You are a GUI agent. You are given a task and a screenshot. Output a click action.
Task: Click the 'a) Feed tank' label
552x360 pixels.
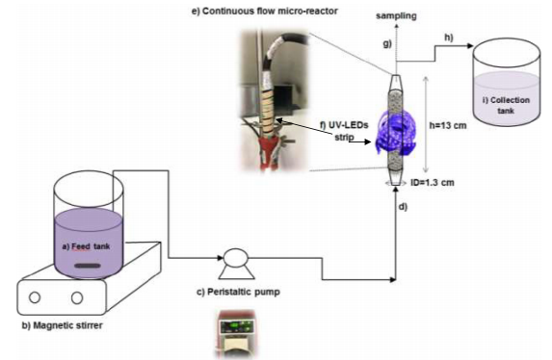(x=86, y=246)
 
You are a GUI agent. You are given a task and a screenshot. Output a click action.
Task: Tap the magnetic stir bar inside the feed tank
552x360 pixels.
(x=88, y=266)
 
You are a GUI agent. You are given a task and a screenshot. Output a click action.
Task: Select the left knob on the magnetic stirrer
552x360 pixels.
(x=35, y=297)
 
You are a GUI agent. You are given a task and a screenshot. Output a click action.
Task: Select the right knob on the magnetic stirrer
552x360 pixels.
(x=77, y=297)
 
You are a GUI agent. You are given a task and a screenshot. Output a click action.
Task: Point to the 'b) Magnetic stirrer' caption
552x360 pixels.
(x=63, y=325)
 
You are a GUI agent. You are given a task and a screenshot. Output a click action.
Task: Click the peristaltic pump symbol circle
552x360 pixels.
(x=236, y=258)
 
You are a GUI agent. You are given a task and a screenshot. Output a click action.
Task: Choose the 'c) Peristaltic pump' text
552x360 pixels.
(x=238, y=292)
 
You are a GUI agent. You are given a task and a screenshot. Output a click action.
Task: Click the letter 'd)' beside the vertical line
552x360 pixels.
(x=403, y=207)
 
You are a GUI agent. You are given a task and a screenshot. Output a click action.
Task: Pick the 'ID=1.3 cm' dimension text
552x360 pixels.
(x=433, y=182)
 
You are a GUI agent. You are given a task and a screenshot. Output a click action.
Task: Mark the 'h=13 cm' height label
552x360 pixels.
(x=448, y=125)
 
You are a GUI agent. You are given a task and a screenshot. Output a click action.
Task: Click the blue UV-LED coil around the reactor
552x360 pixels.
(x=396, y=132)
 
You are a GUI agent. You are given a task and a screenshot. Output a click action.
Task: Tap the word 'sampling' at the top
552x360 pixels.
(x=396, y=15)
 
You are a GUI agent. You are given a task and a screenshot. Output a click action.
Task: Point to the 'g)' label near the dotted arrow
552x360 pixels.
(x=387, y=43)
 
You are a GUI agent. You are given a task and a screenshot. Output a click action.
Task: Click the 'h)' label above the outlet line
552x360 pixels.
(x=449, y=38)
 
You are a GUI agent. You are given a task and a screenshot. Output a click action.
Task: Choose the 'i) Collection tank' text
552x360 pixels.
(x=506, y=105)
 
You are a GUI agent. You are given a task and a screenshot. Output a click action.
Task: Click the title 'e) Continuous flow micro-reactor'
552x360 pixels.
(x=265, y=11)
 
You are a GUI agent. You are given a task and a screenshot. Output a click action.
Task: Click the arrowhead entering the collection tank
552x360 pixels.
(x=470, y=46)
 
